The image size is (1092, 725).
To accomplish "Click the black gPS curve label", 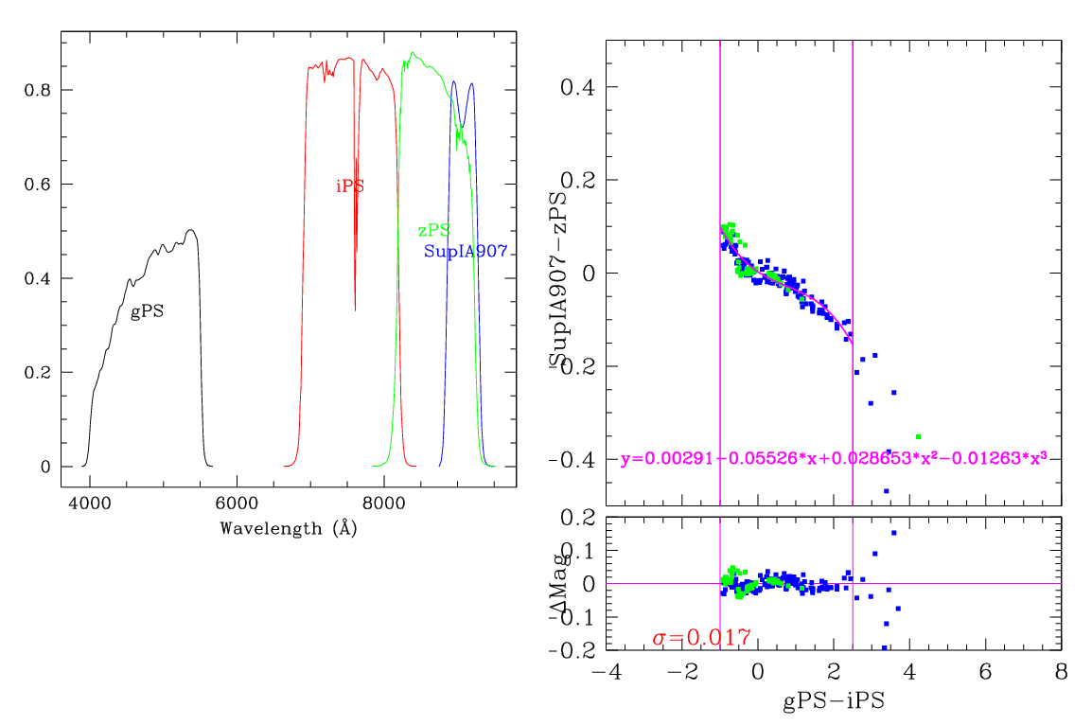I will point(147,310).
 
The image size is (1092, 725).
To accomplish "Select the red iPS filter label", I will point(349,186).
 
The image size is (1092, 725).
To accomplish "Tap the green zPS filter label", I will point(433,230).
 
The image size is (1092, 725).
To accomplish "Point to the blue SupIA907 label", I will point(466,252).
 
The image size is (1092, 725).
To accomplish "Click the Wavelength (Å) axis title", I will point(288,528).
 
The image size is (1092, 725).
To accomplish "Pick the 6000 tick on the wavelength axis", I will point(236,505).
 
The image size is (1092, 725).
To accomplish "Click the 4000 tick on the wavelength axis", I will point(89,505).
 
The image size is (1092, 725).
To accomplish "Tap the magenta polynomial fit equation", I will point(833,459).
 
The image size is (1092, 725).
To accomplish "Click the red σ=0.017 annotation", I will point(701,638).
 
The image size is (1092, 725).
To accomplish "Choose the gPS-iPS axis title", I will point(833,703).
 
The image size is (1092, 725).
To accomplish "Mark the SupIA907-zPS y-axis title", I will point(555,274).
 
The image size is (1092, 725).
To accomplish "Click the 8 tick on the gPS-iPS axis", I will point(1061,670).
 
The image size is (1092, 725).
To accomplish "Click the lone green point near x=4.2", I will point(918,436).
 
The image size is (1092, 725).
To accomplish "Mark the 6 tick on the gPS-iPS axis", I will point(985,670).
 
